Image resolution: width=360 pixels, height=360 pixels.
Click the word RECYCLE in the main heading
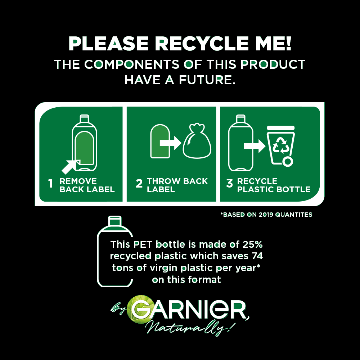[x=202, y=44]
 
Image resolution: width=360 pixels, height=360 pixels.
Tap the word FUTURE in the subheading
[x=207, y=80]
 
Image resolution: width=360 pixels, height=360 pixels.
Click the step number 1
[x=50, y=184]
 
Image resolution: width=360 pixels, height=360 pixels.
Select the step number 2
[x=139, y=184]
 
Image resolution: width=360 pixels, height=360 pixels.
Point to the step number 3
[x=229, y=184]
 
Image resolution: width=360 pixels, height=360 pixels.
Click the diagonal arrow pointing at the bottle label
[x=71, y=167]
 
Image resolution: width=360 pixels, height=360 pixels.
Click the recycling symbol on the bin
[x=280, y=145]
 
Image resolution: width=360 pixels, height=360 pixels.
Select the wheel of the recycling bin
[x=287, y=162]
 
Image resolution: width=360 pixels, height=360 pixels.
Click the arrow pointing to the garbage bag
[x=170, y=143]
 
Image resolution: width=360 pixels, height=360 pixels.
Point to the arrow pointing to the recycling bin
[x=255, y=146]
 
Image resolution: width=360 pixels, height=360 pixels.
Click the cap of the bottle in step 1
[x=84, y=118]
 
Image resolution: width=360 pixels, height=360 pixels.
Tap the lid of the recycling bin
[x=280, y=128]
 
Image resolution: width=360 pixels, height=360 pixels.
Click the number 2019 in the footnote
[x=266, y=215]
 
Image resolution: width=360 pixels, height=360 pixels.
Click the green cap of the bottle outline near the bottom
[x=115, y=221]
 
